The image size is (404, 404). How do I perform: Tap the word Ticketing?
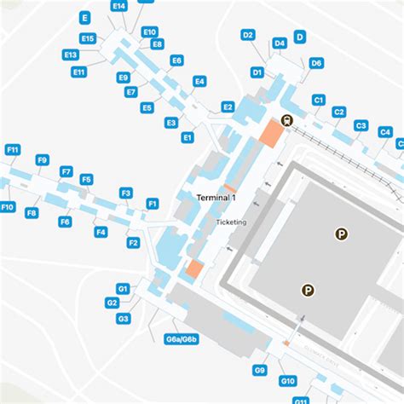231,222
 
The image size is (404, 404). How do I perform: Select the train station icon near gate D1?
286,120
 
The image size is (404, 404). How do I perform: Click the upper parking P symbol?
342,232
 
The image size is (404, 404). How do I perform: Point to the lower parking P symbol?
307,290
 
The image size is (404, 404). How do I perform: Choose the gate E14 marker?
119,6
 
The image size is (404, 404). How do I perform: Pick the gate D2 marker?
248,35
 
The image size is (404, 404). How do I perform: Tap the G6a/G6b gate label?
182,340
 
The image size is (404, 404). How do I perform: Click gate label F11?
12,150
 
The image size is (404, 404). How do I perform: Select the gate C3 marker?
361,126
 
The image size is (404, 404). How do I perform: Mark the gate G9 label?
260,370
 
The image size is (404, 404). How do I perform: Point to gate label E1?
188,136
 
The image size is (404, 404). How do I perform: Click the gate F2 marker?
133,243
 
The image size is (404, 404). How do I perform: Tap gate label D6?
316,63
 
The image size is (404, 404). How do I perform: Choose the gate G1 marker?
123,289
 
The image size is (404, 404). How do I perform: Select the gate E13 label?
71,55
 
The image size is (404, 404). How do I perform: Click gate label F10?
8,207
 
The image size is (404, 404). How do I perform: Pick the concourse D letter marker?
300,37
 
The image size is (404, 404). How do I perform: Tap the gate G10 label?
288,381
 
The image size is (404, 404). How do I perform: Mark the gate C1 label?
319,101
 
